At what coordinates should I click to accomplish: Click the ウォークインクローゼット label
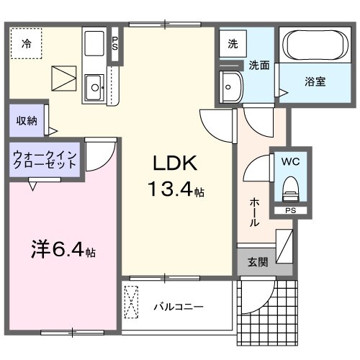tap(44, 159)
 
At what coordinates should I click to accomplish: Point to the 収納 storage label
tap(27, 120)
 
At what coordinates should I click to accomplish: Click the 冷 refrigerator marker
tap(26, 42)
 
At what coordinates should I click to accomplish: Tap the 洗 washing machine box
tap(232, 42)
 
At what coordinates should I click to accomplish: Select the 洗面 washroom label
tap(259, 65)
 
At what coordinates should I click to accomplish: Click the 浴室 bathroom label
tap(314, 81)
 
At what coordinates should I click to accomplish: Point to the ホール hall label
tap(254, 212)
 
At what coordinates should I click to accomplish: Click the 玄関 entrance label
tap(258, 263)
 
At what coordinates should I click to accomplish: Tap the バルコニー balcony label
tap(178, 307)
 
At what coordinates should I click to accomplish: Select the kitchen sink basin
tap(94, 89)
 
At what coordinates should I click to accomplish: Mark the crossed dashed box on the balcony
tap(132, 302)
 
